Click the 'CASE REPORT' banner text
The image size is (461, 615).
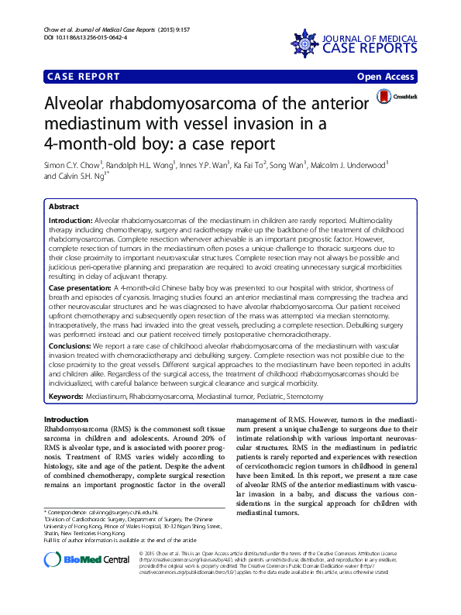point(84,77)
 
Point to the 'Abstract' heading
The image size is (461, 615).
point(64,208)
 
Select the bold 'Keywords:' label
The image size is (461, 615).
point(65,396)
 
